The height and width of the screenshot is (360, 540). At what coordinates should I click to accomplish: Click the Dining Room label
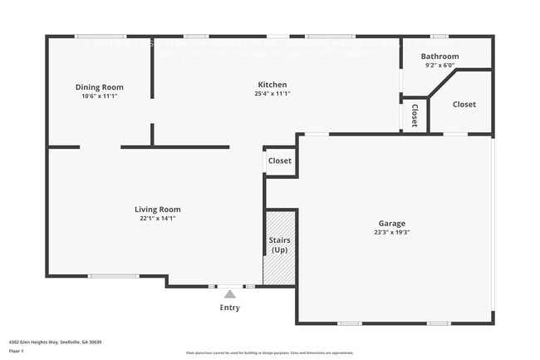click(99, 87)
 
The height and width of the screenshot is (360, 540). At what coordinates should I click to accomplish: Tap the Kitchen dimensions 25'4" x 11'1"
click(272, 94)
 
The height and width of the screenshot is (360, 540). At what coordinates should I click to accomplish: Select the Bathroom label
click(439, 57)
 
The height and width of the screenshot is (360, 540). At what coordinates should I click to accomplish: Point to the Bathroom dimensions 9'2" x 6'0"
click(439, 65)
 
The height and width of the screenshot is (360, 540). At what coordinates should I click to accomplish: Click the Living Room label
click(158, 210)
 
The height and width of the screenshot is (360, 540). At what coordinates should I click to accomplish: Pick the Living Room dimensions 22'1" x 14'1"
click(158, 219)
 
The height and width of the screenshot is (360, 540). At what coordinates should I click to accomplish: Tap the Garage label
click(392, 224)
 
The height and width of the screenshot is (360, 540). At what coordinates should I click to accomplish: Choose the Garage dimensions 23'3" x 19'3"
click(392, 233)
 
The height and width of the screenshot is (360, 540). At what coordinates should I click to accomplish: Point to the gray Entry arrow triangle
click(229, 293)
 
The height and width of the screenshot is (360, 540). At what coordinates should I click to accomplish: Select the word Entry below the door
click(229, 308)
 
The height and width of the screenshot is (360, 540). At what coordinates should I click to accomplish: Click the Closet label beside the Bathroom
click(464, 105)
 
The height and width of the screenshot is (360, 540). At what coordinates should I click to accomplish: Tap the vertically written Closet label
click(415, 115)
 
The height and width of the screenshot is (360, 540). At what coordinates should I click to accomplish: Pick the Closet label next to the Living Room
click(280, 160)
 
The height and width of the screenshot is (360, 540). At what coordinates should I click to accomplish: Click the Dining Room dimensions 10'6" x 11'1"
click(99, 96)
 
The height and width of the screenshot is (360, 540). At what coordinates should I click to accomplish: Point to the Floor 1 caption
click(16, 351)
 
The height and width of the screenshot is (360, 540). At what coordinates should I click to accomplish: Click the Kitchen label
click(272, 85)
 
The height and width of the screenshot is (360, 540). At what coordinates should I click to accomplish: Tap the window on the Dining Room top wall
click(101, 36)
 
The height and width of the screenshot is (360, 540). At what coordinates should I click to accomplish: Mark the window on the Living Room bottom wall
click(113, 276)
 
